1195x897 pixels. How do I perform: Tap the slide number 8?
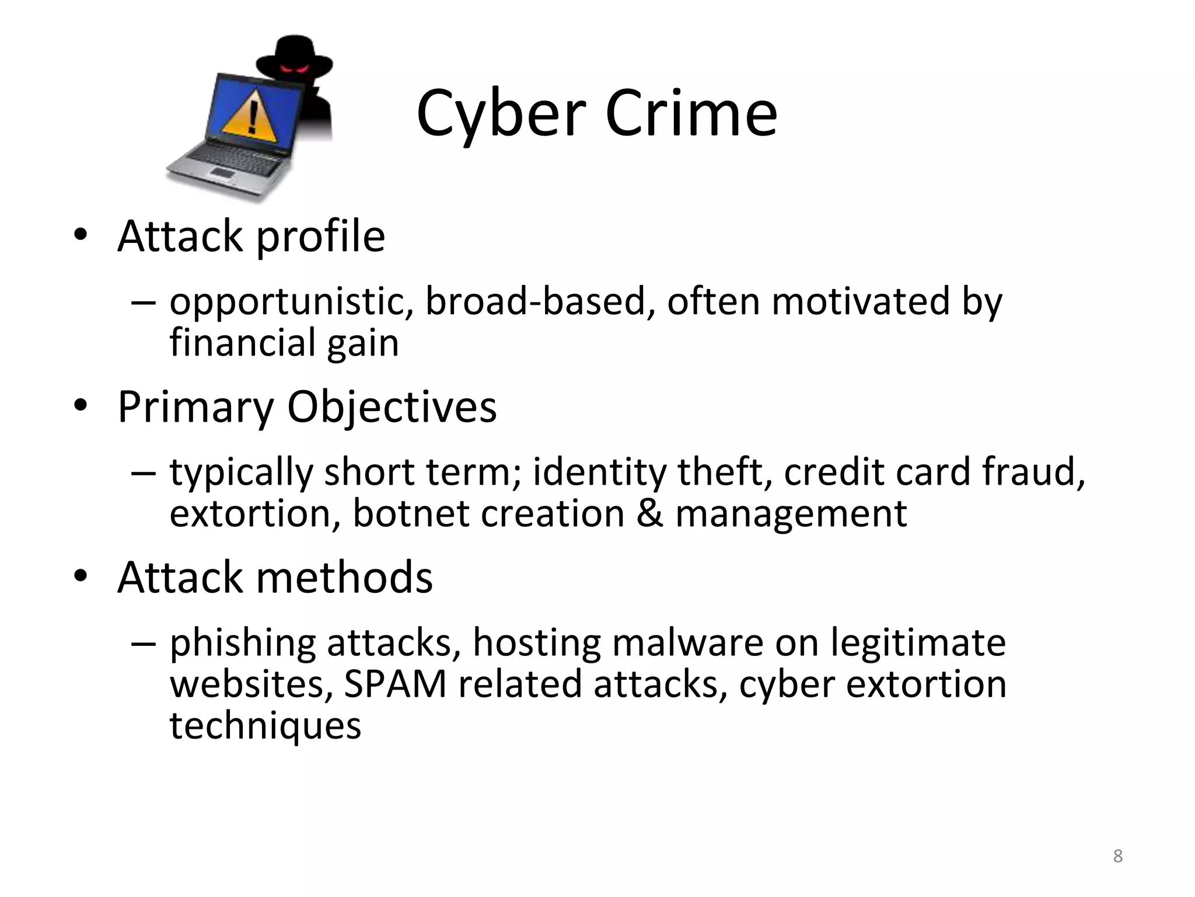[x=1117, y=856]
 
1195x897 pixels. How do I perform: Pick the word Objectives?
[x=392, y=407]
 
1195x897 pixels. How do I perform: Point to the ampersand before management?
[x=649, y=513]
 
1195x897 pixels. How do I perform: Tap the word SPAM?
[x=395, y=684]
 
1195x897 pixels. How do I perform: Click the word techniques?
[x=265, y=726]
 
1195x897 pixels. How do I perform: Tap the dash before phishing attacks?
[x=144, y=643]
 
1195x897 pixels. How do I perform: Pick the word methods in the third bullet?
[x=344, y=578]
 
